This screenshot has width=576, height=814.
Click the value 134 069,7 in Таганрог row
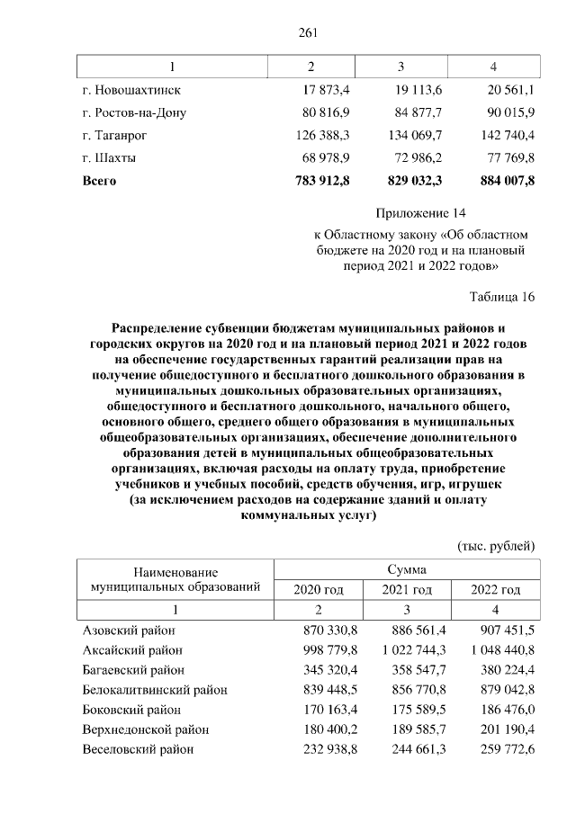tap(415, 136)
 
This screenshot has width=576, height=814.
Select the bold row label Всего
tap(100, 181)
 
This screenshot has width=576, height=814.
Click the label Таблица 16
tap(502, 298)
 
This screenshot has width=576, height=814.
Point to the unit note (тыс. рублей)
tap(497, 546)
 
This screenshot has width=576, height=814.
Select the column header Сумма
tap(407, 569)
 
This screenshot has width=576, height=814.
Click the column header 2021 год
tap(407, 590)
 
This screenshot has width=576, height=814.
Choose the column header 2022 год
tap(496, 590)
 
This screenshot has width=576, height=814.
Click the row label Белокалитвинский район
tap(155, 691)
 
